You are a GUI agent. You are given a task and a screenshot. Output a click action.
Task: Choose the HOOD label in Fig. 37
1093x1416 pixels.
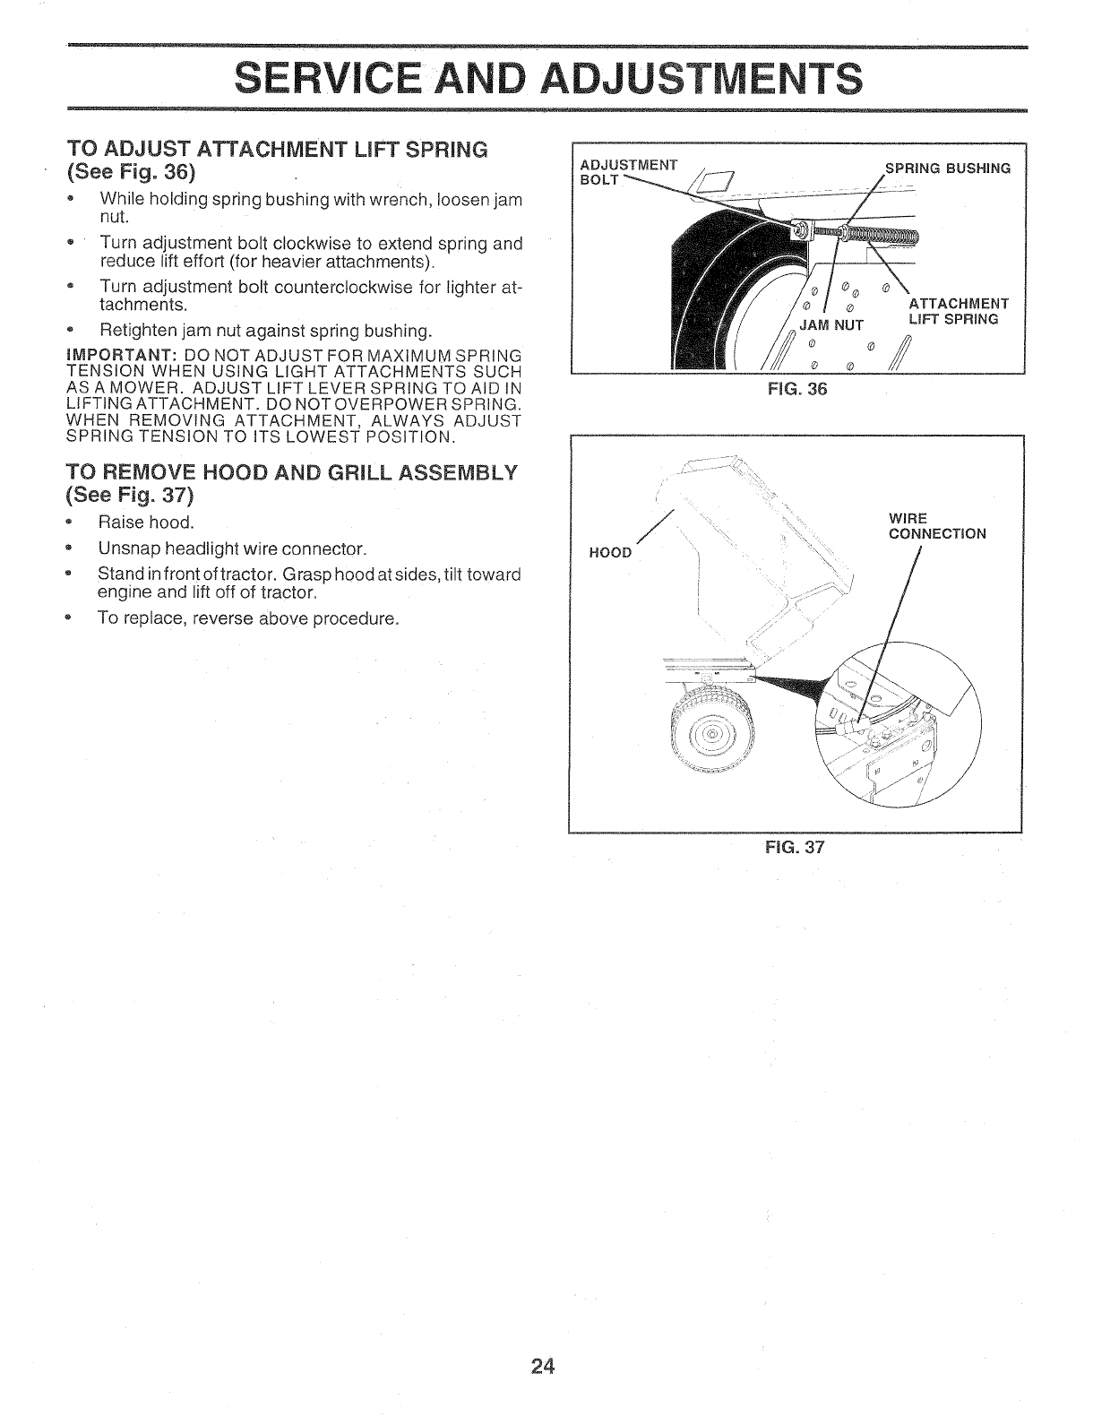(x=610, y=552)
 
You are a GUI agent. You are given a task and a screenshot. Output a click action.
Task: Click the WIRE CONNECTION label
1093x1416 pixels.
(x=936, y=526)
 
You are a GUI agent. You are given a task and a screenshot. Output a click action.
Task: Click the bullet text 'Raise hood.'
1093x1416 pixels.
(x=146, y=522)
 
